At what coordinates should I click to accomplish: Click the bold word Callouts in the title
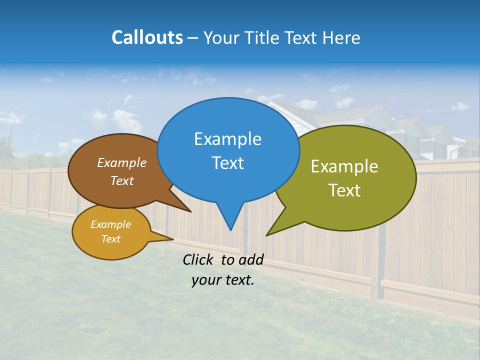click(x=147, y=37)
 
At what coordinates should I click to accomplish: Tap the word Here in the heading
click(x=342, y=37)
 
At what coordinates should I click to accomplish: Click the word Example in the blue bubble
click(x=228, y=139)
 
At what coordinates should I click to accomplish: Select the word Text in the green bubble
click(x=344, y=190)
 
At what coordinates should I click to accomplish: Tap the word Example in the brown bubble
click(x=122, y=163)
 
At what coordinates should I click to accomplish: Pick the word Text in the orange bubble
click(x=111, y=239)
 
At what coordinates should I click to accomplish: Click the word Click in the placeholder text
click(x=198, y=260)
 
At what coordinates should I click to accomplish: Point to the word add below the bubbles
click(x=250, y=260)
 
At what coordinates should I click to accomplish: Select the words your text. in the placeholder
click(x=223, y=280)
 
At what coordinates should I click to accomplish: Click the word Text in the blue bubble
click(x=228, y=163)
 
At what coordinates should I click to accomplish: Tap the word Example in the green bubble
click(x=344, y=166)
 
